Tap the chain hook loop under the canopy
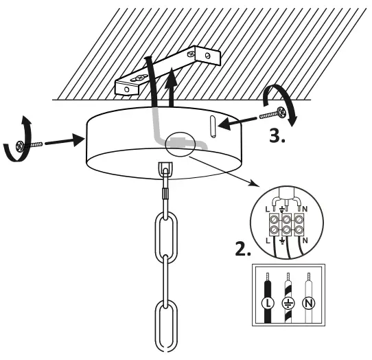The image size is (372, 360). coord(165,169)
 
